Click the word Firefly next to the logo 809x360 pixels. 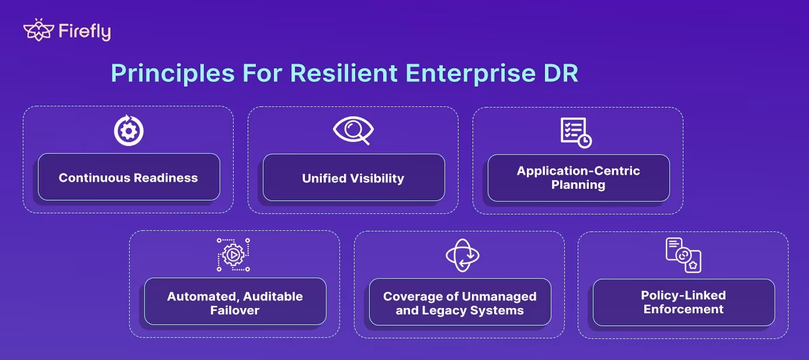click(85, 32)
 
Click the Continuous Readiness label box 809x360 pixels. click(129, 178)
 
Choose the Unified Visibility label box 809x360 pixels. click(353, 178)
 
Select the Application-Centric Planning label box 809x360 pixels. click(578, 178)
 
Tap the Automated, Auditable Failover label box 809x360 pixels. click(235, 302)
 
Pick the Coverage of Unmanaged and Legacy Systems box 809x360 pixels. click(460, 302)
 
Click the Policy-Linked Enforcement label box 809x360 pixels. click(683, 302)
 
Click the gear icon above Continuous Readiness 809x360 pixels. click(129, 131)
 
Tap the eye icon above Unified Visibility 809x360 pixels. click(353, 131)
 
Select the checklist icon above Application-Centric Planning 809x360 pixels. click(576, 133)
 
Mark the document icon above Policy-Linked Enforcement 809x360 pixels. click(683, 255)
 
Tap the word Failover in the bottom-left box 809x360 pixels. click(235, 310)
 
